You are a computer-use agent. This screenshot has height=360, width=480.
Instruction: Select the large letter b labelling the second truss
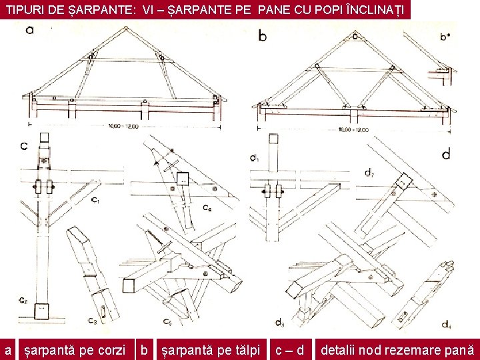pos(262,36)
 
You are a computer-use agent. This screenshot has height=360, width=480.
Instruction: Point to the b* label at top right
pos(445,37)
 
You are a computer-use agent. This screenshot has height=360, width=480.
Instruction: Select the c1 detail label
pos(95,199)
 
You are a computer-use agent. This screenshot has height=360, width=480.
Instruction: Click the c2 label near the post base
pos(23,299)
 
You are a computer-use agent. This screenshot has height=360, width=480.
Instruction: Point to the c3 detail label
pos(93,321)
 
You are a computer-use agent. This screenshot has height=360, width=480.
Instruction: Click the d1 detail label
pos(254,158)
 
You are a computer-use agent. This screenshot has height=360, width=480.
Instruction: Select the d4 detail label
pos(444,325)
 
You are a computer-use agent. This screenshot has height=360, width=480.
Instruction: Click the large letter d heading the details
pos(445,154)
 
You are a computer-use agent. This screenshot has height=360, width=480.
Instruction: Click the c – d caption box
pos(290,349)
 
